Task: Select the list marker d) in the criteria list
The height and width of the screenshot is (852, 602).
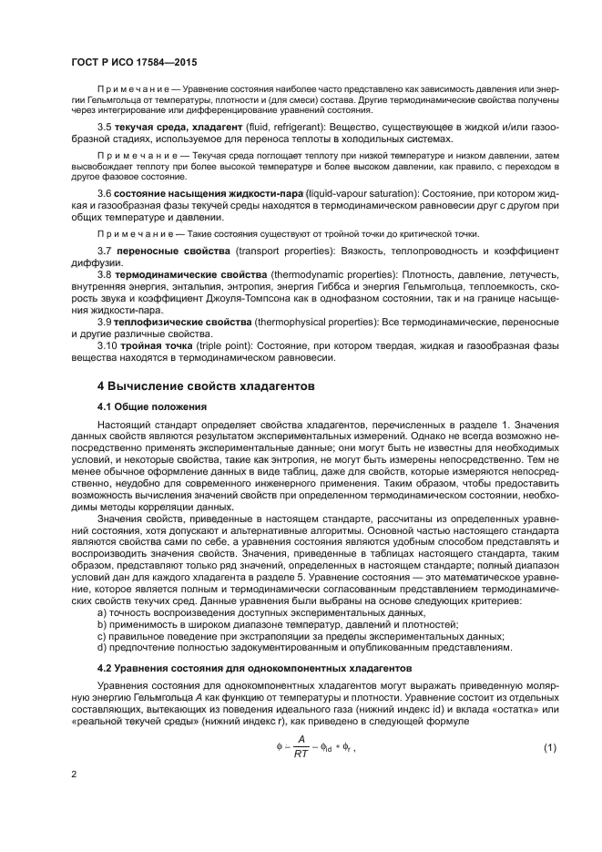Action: click(102, 648)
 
